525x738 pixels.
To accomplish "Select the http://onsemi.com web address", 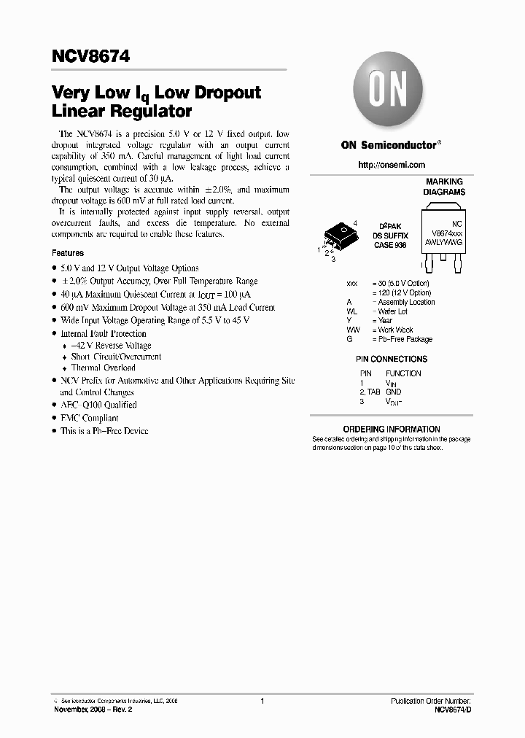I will [x=391, y=166].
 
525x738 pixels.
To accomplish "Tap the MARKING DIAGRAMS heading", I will [x=444, y=187].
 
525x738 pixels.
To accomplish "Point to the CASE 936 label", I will [x=390, y=246].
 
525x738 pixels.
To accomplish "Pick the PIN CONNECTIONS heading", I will [x=391, y=359].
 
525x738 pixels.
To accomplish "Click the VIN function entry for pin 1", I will [x=392, y=382].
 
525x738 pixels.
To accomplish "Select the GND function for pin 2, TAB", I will [x=394, y=392].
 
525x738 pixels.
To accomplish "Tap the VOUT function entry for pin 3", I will [x=393, y=402].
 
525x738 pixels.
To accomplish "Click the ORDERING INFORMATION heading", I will [x=391, y=429].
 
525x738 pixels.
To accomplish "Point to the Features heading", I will [x=67, y=253].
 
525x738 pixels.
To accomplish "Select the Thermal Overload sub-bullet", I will [x=103, y=368].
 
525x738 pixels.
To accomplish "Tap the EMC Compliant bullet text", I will [x=89, y=418].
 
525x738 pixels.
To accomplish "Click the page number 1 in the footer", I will [x=261, y=701].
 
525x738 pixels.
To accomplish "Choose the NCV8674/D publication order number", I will [x=453, y=709].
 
